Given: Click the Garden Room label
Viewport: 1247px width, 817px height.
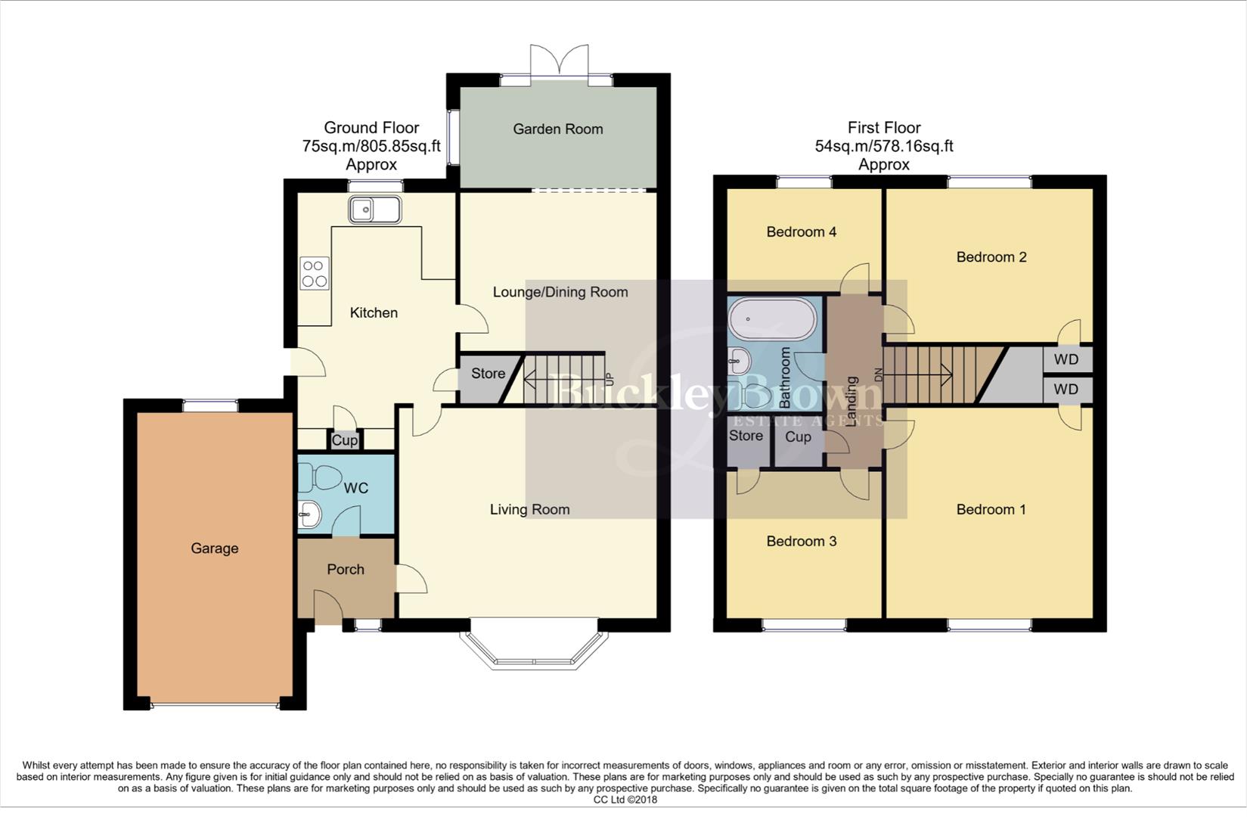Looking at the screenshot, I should (x=557, y=129).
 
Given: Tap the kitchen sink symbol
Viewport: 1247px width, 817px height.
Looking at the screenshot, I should (x=375, y=210).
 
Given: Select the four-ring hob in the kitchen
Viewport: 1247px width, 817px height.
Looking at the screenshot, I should (x=315, y=273).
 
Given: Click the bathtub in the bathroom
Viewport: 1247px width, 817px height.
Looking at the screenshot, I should (x=772, y=319).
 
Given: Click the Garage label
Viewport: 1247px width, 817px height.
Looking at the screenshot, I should (x=214, y=548).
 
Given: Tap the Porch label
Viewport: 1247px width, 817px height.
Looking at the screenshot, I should (x=346, y=570).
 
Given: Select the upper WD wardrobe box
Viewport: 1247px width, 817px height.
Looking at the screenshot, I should (x=1066, y=360).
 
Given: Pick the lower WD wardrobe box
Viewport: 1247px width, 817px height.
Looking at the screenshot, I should (x=1066, y=390).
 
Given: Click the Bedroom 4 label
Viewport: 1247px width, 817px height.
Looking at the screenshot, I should (x=801, y=232).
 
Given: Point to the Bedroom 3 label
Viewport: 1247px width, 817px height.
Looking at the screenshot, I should (x=801, y=541).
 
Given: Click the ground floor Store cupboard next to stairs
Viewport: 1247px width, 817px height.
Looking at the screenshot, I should (x=488, y=374).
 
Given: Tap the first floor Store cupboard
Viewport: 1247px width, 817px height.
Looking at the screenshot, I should (x=746, y=436).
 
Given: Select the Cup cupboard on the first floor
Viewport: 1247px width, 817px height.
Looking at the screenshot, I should (x=798, y=437).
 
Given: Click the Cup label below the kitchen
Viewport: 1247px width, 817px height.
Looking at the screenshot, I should (x=345, y=440).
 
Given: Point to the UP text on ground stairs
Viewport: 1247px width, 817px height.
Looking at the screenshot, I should (x=610, y=377).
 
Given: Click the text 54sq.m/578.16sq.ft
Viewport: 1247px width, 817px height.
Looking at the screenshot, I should (x=883, y=146).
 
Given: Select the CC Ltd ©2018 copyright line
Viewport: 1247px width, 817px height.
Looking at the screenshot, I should (x=625, y=800).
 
